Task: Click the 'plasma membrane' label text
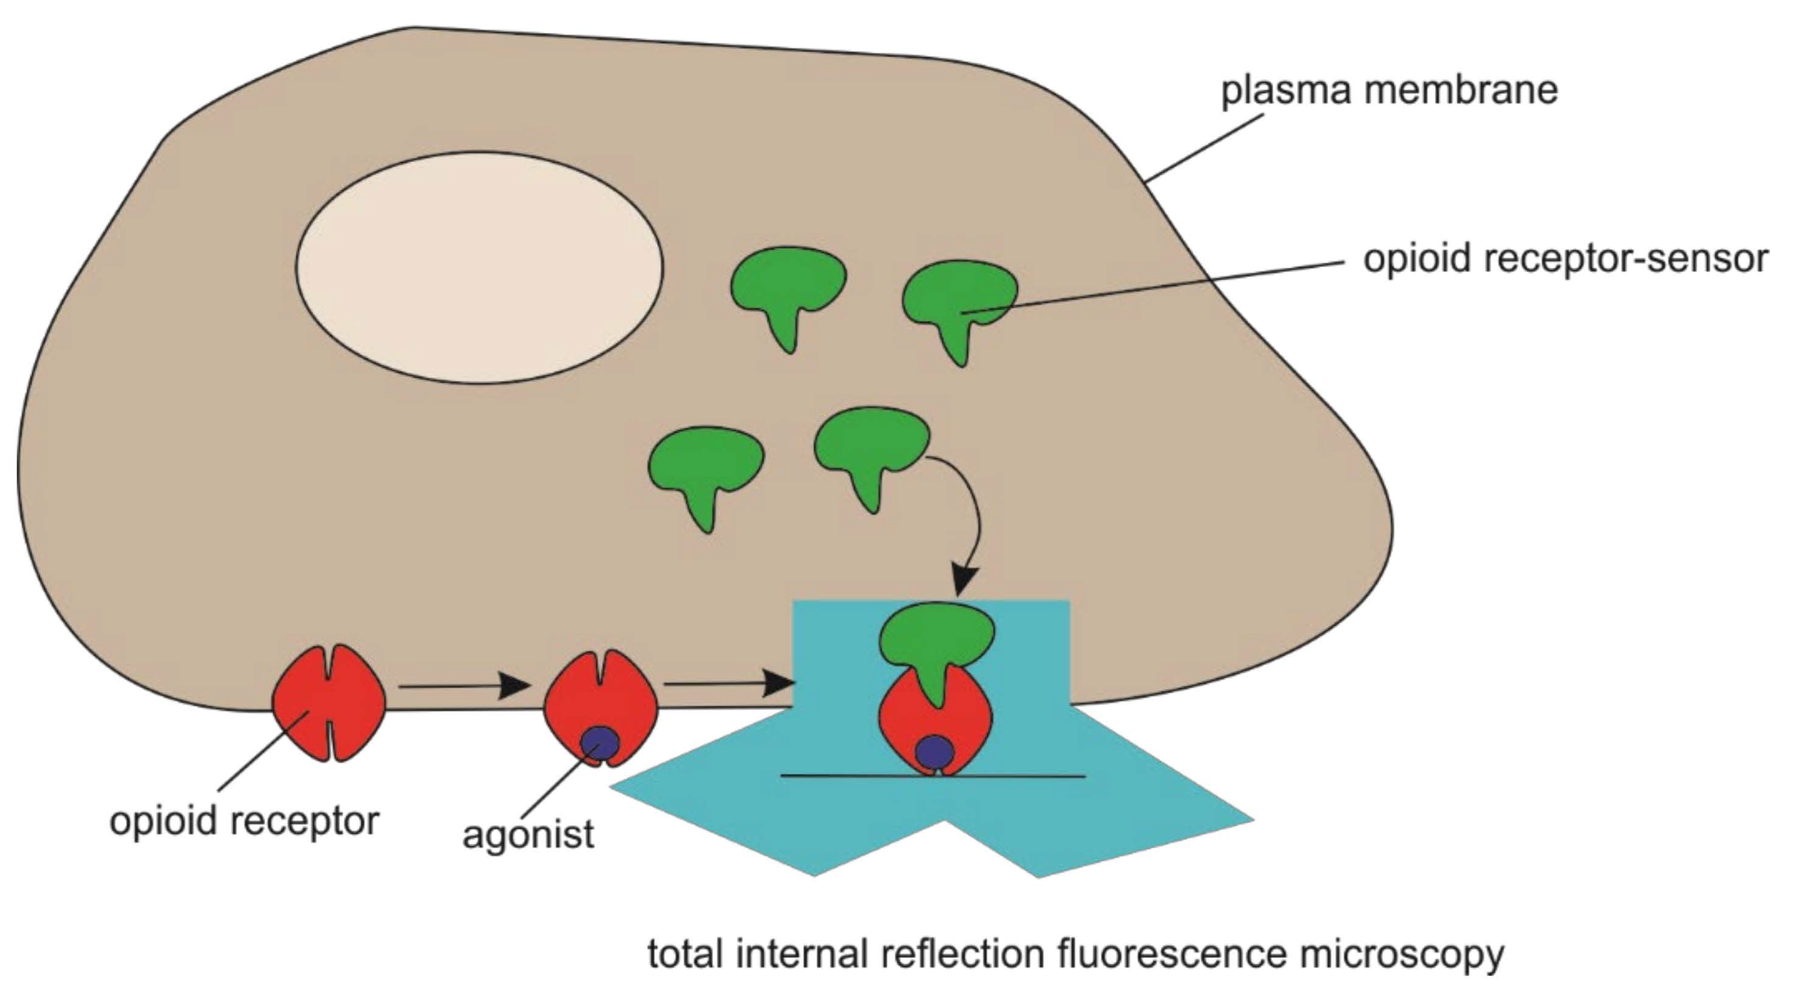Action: coord(1389,90)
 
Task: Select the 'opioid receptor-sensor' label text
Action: coord(1566,259)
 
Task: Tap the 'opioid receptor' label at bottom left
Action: coord(244,821)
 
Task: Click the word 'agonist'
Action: coord(528,834)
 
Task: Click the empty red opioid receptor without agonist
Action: coord(328,702)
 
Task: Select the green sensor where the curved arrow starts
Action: coord(871,443)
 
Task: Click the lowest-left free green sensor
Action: coord(706,465)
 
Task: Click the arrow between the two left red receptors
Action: coord(464,686)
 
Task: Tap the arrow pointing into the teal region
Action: coord(730,683)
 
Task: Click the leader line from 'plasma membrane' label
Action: coord(1204,148)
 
